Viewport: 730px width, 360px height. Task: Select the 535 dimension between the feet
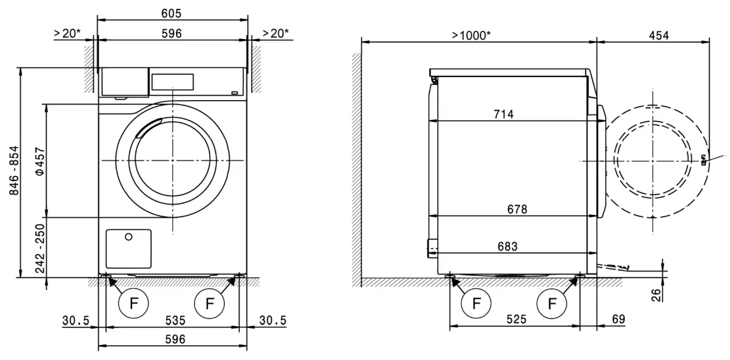172,320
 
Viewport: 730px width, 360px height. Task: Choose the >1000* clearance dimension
471,36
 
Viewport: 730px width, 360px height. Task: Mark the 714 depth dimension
503,114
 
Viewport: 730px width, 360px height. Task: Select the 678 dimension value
517,209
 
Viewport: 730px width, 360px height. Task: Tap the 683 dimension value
507,246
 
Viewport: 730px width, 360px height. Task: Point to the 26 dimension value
656,294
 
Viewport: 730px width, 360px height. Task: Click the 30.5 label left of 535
75,320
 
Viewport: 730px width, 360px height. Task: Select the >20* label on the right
275,33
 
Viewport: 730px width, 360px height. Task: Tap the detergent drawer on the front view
124,81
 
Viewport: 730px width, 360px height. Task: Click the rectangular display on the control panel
172,82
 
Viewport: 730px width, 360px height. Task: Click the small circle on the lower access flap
128,237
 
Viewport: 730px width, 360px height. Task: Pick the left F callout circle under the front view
133,304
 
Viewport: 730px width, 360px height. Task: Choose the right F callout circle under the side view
552,304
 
